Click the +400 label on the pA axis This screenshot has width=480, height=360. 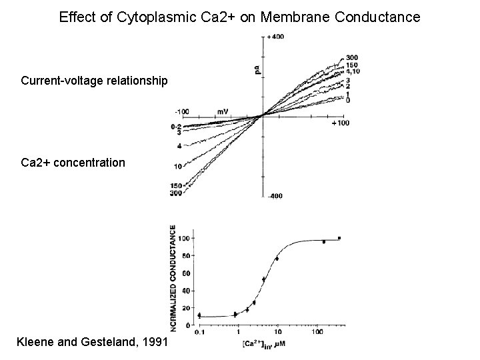[275, 37]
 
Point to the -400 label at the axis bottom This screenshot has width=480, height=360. [275, 195]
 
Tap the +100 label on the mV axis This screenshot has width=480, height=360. [340, 123]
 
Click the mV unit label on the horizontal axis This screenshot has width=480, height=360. [223, 111]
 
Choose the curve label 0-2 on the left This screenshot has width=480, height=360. [177, 126]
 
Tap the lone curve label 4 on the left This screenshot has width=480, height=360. [179, 145]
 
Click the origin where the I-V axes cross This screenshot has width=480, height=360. [262, 115]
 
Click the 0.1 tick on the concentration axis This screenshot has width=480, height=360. [199, 331]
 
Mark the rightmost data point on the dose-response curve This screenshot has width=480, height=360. [339, 238]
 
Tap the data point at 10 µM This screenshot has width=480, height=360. [277, 258]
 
